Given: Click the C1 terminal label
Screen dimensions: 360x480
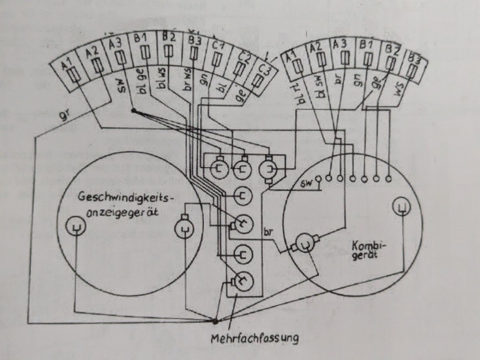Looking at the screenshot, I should [218, 46].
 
